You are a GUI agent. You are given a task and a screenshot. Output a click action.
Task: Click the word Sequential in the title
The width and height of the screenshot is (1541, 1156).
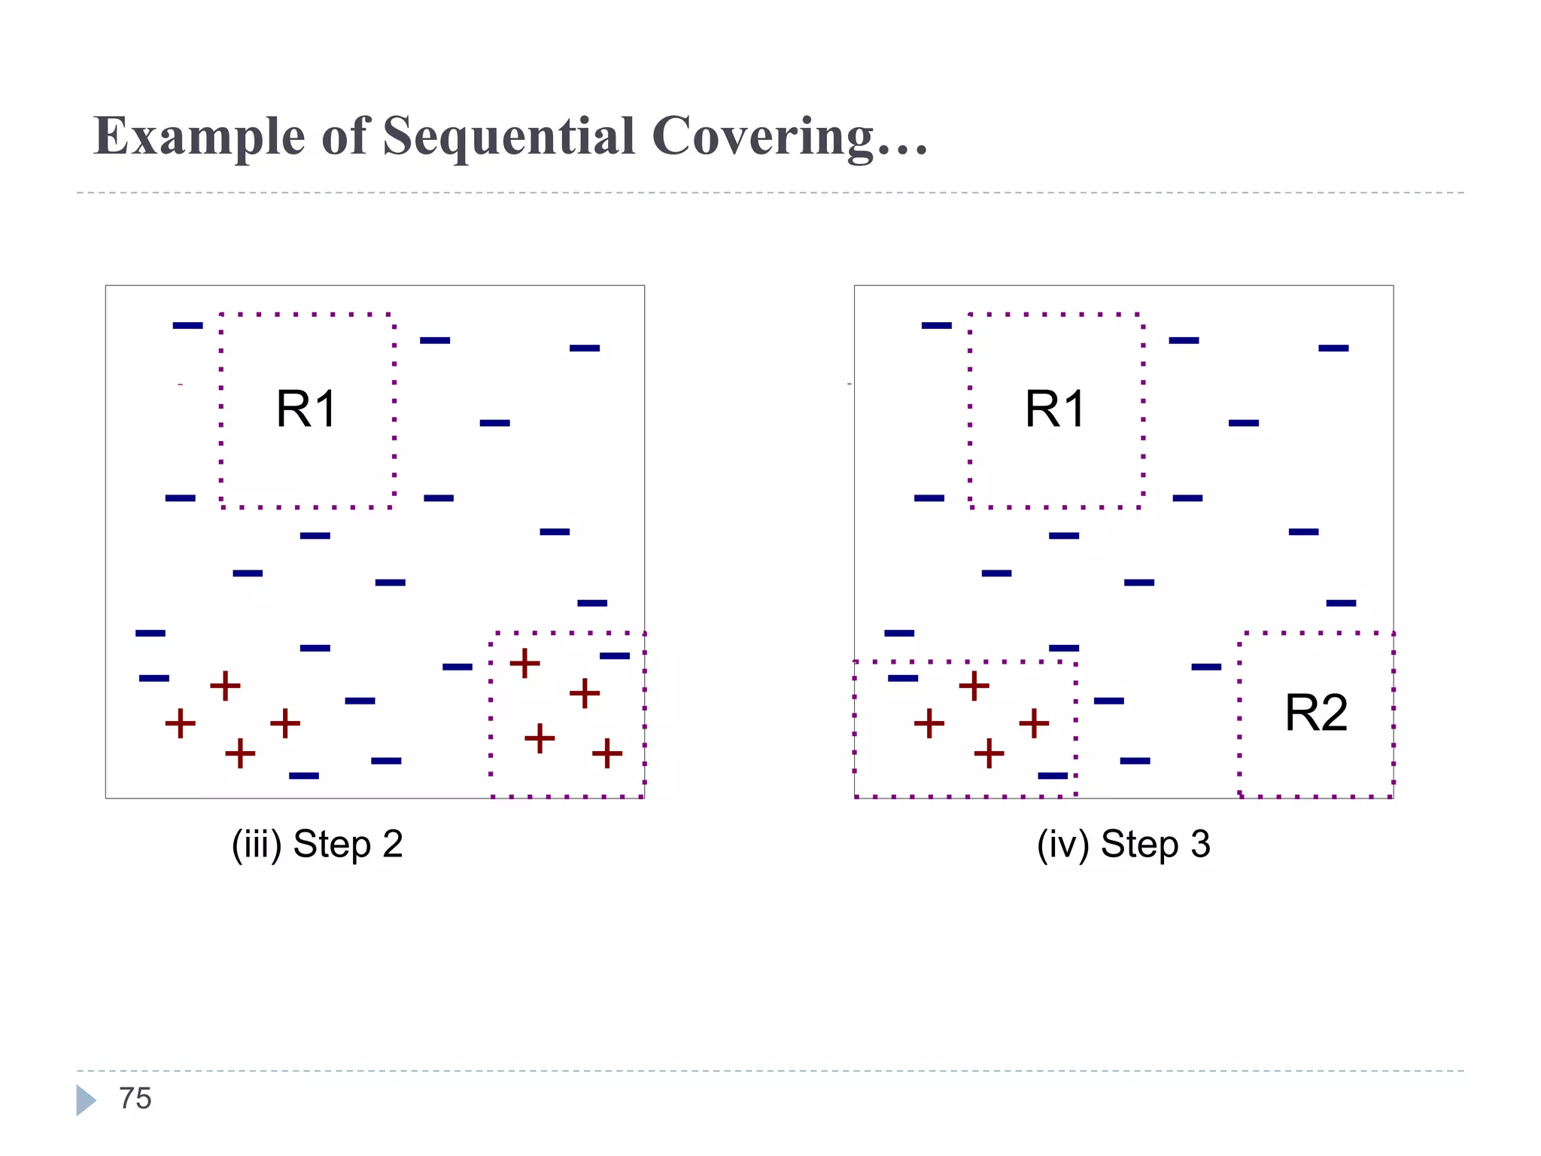click(x=509, y=137)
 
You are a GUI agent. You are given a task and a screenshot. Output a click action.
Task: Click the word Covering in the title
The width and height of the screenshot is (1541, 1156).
click(x=763, y=137)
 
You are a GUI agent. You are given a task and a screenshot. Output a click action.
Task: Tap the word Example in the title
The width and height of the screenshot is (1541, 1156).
click(x=199, y=137)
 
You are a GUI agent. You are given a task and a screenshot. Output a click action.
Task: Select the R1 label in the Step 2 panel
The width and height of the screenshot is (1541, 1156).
click(x=305, y=409)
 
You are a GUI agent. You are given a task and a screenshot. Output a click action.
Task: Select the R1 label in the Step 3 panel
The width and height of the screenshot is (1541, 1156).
click(x=1054, y=409)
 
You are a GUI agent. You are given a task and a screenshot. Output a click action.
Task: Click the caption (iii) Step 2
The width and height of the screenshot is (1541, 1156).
click(x=317, y=844)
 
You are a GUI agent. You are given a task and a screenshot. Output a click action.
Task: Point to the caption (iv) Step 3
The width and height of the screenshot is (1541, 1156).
click(x=1123, y=844)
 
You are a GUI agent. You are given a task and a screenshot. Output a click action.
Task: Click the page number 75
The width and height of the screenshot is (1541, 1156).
click(x=135, y=1099)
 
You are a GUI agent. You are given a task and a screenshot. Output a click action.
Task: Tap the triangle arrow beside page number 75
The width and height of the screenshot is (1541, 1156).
click(x=85, y=1100)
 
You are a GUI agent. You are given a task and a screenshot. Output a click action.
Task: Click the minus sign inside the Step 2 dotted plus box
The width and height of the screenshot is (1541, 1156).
click(x=614, y=656)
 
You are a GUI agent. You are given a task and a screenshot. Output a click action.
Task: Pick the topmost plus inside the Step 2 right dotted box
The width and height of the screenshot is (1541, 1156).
click(x=524, y=663)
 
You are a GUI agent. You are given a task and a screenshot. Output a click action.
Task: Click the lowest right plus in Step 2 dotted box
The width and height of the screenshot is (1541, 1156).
click(x=606, y=753)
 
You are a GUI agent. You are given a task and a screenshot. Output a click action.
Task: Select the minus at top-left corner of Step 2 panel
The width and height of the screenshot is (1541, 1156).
click(x=187, y=325)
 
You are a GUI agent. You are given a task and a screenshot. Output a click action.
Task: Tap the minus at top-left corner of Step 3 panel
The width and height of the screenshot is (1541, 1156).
click(x=936, y=325)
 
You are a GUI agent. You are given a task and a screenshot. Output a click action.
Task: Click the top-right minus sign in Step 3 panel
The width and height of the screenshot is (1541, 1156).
click(x=1333, y=348)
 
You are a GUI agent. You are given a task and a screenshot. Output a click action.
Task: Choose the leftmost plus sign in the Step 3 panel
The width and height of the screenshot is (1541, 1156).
click(x=929, y=723)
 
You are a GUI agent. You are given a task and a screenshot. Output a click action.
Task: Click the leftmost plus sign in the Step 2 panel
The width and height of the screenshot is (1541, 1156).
click(x=180, y=723)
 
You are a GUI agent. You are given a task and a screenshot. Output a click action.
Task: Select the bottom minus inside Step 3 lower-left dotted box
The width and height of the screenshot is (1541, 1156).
click(x=1052, y=775)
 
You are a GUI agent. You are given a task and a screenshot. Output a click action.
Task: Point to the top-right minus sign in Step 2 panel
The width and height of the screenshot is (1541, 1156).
click(x=585, y=348)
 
